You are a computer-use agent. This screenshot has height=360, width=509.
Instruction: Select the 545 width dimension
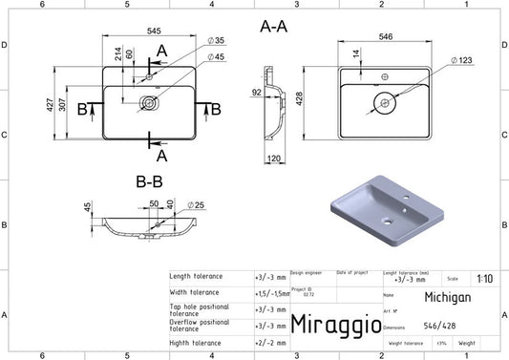[x=153, y=31]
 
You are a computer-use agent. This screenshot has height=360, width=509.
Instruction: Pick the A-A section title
[x=273, y=27]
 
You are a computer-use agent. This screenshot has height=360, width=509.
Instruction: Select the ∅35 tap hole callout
[x=217, y=40]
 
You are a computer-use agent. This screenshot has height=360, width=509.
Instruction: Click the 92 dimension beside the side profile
[x=257, y=94]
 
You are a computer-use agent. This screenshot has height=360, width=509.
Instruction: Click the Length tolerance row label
[x=196, y=276]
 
